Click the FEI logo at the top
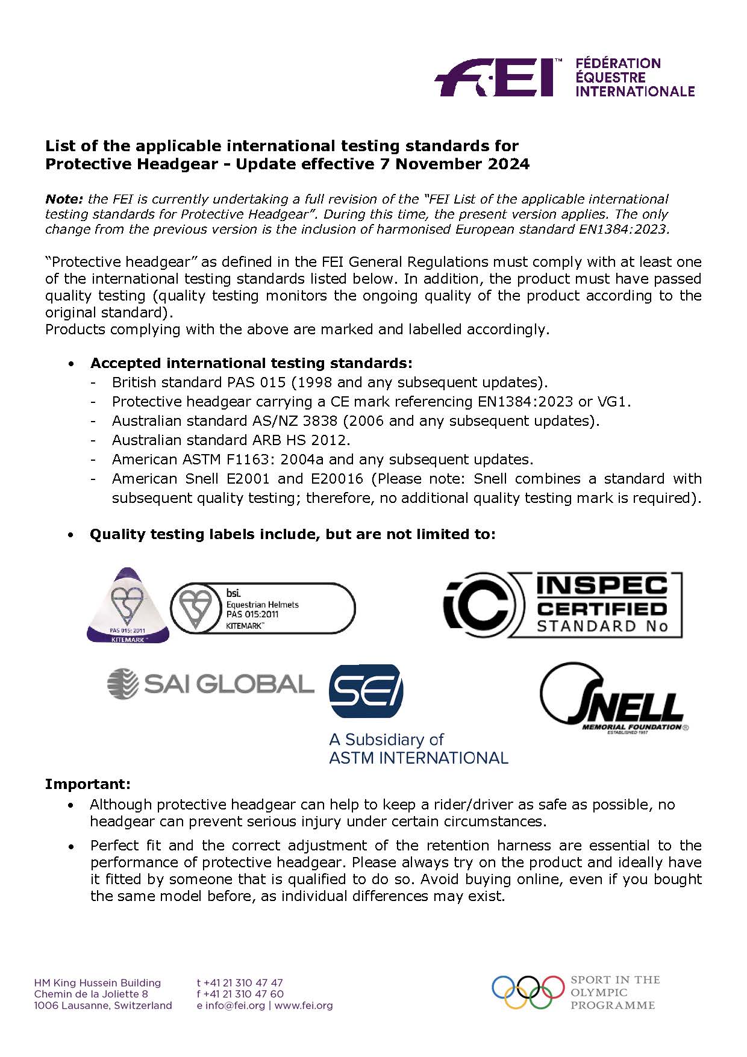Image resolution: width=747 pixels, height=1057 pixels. coord(494,77)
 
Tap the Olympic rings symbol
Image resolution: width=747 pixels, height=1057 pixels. coord(528,991)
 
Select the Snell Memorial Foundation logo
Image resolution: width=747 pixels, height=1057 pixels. coord(613,699)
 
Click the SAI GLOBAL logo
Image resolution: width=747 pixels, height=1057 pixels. coord(210,684)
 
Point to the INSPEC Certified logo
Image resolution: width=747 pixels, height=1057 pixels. coord(563,605)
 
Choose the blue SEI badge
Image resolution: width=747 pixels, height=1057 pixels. coord(366,691)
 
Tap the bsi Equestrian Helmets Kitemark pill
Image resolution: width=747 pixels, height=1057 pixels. coord(263,608)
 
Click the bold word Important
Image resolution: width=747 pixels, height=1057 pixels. coord(87,784)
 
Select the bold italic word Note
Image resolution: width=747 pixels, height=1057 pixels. coord(64,199)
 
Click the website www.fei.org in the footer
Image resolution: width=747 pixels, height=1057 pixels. coord(304,1005)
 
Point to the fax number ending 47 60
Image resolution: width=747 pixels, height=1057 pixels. coord(240,994)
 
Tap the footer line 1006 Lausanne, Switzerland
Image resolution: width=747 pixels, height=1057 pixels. coord(103,1005)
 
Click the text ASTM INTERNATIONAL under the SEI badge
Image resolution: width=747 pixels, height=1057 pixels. coord(418,758)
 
